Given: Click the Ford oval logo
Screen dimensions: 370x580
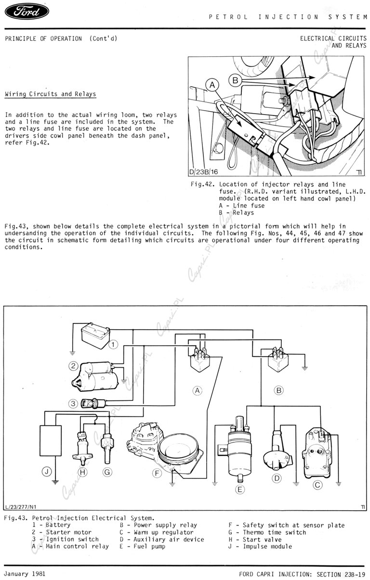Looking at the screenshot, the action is [x=27, y=12].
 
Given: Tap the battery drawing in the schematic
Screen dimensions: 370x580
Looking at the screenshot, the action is [x=95, y=335].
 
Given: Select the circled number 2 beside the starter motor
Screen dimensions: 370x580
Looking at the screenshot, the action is [x=73, y=366].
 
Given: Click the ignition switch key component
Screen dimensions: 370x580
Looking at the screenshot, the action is [x=94, y=403].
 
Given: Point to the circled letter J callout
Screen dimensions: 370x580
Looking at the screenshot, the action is [x=47, y=472].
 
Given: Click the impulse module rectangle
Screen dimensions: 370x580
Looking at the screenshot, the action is [x=51, y=441].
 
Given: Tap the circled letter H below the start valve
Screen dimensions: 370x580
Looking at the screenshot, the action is [x=82, y=472].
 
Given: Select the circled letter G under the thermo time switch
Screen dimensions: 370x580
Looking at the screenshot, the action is [x=107, y=472].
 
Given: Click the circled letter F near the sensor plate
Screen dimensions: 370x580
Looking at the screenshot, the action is [x=157, y=473].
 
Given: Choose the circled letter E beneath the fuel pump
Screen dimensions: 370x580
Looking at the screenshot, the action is [x=239, y=490].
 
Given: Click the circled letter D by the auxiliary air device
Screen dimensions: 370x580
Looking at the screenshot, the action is [x=277, y=478].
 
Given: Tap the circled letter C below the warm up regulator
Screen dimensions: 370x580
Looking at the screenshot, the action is [x=317, y=485].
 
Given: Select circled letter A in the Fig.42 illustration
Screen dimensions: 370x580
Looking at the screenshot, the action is [x=212, y=85].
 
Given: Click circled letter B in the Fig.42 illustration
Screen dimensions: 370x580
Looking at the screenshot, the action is [x=235, y=80].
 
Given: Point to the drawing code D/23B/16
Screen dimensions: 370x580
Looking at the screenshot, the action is [x=204, y=171].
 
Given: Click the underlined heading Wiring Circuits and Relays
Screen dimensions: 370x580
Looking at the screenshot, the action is [x=50, y=94].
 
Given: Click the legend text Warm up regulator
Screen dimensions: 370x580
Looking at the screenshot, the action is [x=163, y=532].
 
